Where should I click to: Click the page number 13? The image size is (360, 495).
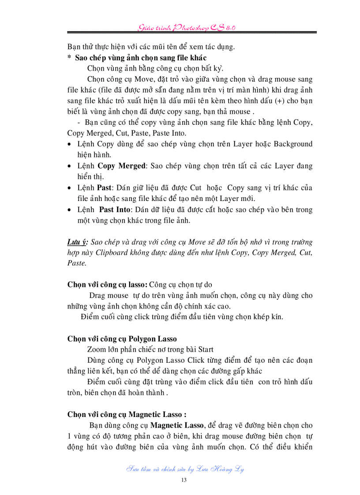(184, 480)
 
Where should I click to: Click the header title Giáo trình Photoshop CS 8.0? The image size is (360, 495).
(186, 27)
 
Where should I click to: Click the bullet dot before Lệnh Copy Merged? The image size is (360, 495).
(70, 167)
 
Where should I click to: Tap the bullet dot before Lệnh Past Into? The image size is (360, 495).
(70, 210)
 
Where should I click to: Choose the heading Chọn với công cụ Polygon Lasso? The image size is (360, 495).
(122, 339)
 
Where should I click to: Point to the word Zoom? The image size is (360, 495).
(97, 350)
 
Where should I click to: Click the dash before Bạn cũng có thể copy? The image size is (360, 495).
(79, 122)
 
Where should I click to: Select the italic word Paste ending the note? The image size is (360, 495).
(77, 263)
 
